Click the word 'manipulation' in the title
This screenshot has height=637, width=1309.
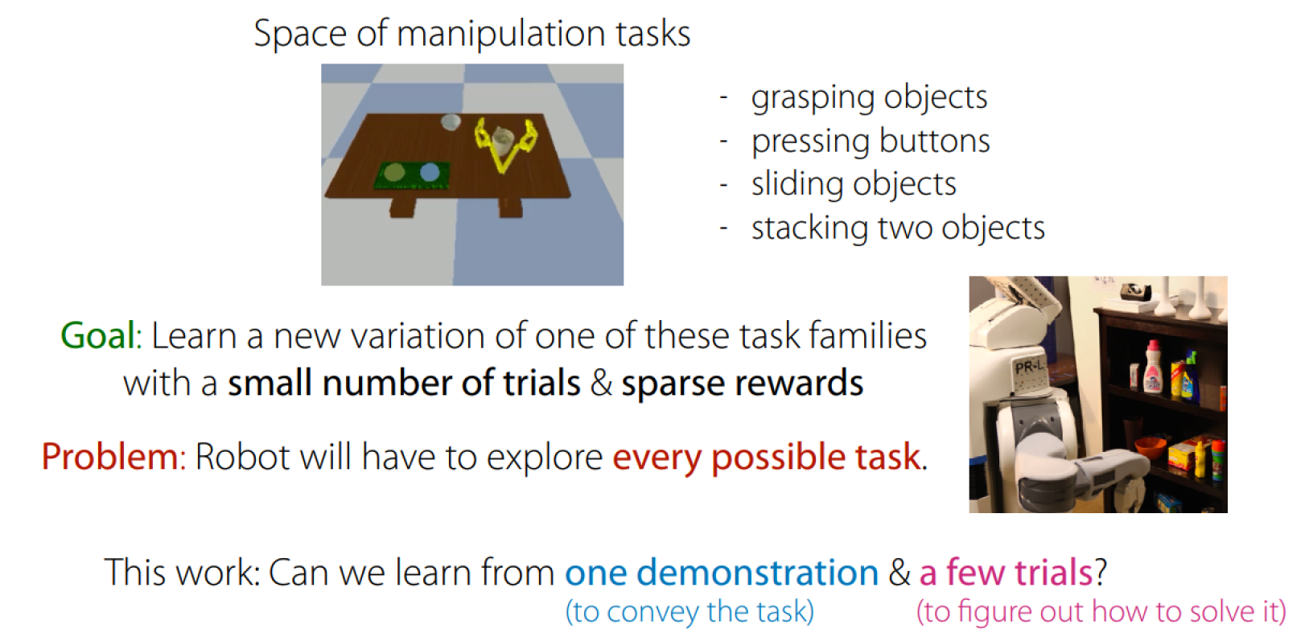tap(502, 34)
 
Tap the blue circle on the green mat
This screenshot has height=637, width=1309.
tap(430, 172)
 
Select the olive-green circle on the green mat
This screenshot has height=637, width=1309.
tap(394, 173)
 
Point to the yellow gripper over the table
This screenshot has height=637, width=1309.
tap(505, 144)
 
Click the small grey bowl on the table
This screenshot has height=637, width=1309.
tap(451, 122)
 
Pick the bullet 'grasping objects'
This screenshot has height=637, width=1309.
tap(869, 97)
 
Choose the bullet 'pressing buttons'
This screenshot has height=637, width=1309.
tap(871, 142)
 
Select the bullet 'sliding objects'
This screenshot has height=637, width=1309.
tap(854, 185)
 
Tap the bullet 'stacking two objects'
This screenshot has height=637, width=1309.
tap(898, 228)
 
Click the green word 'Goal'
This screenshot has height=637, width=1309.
tap(98, 336)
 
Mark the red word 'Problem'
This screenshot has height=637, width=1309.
tap(110, 457)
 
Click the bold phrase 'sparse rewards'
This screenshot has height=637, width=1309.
tap(742, 384)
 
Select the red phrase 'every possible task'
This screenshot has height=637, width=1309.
tap(767, 458)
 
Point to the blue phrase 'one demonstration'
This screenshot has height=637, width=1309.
tap(722, 572)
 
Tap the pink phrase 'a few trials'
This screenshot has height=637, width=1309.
tap(1006, 572)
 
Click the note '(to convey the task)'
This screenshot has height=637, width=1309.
tap(689, 612)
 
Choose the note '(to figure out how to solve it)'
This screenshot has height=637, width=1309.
tap(1101, 612)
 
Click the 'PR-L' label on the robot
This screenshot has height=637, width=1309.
tap(1028, 368)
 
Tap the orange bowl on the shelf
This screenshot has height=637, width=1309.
tap(1150, 447)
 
